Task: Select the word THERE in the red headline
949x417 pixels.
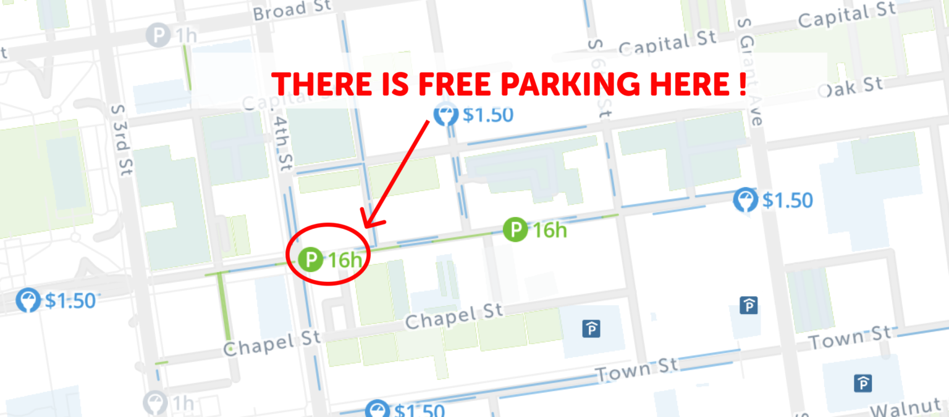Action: pyautogui.click(x=324, y=85)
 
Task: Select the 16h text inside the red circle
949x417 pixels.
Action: pyautogui.click(x=345, y=260)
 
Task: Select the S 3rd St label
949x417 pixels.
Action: pyautogui.click(x=122, y=140)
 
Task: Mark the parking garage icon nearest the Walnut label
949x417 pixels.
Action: pyautogui.click(x=863, y=383)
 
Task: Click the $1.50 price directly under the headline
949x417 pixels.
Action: pyautogui.click(x=487, y=115)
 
